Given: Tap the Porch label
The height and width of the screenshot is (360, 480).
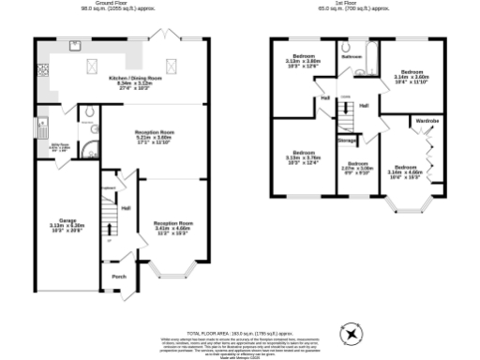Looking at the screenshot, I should point(119,277).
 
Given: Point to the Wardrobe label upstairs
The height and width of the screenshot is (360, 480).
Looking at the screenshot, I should point(427,121).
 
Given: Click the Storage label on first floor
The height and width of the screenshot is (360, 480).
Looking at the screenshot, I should point(347,141).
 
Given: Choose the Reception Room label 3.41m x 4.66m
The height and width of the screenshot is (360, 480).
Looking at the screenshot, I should point(172,226).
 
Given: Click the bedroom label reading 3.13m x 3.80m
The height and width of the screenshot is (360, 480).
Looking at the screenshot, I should point(303,61).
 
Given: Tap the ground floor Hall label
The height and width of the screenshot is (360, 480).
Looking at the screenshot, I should point(125,208).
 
